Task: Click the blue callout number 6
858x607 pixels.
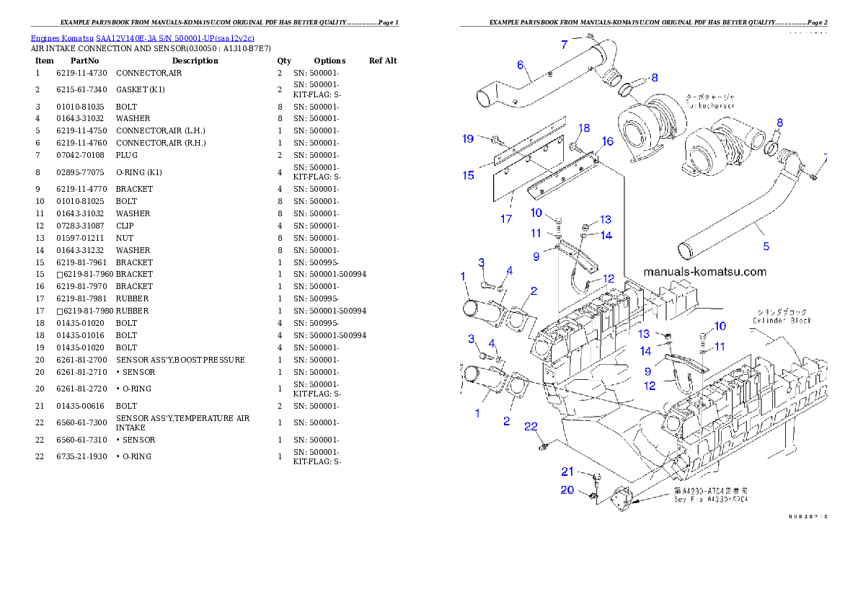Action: click(520, 65)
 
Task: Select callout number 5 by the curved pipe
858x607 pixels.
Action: click(766, 246)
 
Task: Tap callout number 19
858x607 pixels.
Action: click(468, 138)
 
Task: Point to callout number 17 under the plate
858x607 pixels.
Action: click(505, 218)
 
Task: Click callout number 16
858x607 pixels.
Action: click(608, 141)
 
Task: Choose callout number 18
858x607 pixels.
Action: click(584, 128)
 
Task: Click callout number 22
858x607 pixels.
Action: click(531, 427)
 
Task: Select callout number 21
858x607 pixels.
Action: click(568, 471)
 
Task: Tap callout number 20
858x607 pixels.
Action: click(568, 490)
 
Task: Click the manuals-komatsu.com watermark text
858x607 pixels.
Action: click(704, 273)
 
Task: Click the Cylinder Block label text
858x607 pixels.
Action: click(782, 320)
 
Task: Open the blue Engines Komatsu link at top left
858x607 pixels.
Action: click(142, 37)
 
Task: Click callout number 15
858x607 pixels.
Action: click(468, 175)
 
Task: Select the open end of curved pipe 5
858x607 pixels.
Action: click(685, 251)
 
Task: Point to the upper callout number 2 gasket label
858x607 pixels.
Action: click(534, 291)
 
